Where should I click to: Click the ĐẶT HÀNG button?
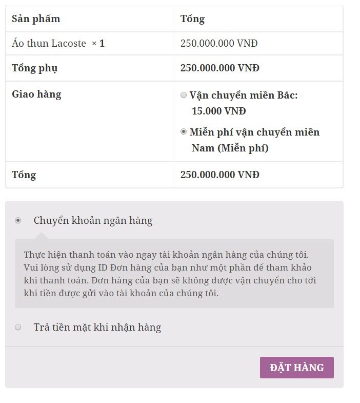pyautogui.click(x=296, y=368)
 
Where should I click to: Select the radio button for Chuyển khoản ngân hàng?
pyautogui.click(x=18, y=220)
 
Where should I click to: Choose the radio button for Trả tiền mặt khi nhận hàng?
pyautogui.click(x=18, y=327)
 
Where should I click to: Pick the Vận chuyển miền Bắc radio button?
pyautogui.click(x=184, y=95)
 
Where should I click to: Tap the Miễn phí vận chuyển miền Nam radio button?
pyautogui.click(x=184, y=132)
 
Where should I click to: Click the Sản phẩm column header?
pyautogui.click(x=36, y=19)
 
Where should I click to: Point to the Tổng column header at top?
pyautogui.click(x=192, y=19)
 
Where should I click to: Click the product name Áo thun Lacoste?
pyautogui.click(x=49, y=44)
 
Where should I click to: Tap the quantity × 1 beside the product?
pyautogui.click(x=98, y=44)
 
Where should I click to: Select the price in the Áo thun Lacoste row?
pyautogui.click(x=219, y=44)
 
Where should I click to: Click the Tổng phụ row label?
pyautogui.click(x=35, y=68)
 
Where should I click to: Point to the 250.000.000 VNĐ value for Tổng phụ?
pyautogui.click(x=219, y=68)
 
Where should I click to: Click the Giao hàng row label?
pyautogui.click(x=36, y=94)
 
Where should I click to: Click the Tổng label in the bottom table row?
pyautogui.click(x=24, y=175)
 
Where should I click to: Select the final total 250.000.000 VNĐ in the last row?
pyautogui.click(x=219, y=175)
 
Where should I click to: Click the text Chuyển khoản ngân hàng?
pyautogui.click(x=93, y=221)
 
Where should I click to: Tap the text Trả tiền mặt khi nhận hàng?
pyautogui.click(x=97, y=328)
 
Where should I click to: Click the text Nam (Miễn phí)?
pyautogui.click(x=230, y=148)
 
